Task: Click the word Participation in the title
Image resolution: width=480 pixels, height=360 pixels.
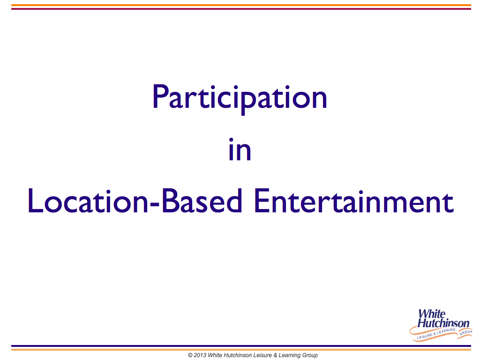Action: point(240,98)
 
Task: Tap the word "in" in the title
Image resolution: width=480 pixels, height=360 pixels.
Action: point(240,150)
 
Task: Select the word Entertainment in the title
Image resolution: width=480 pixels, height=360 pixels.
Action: point(353,201)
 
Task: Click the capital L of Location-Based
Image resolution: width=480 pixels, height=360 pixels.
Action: point(35,201)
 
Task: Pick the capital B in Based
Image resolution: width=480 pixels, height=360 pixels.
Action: point(170,201)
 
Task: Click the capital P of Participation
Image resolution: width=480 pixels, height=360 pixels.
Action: point(160,96)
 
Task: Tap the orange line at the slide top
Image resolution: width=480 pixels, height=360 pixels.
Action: point(241,5)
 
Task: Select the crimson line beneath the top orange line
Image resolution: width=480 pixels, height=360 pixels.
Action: point(241,9)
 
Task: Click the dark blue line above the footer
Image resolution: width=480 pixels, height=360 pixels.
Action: point(241,346)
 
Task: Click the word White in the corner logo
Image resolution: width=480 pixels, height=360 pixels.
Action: point(432,314)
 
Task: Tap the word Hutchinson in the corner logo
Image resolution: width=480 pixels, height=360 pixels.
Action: point(443,323)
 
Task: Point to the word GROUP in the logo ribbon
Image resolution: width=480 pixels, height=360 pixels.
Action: point(465,332)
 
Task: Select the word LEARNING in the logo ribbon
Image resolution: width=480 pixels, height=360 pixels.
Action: point(446,331)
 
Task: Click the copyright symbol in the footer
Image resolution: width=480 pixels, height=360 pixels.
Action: point(190,355)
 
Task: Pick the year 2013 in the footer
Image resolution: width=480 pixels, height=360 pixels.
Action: point(200,355)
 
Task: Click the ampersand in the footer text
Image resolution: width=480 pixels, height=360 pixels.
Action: point(275,355)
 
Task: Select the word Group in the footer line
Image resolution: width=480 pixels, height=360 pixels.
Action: point(310,355)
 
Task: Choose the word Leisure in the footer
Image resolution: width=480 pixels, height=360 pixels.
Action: point(262,355)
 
